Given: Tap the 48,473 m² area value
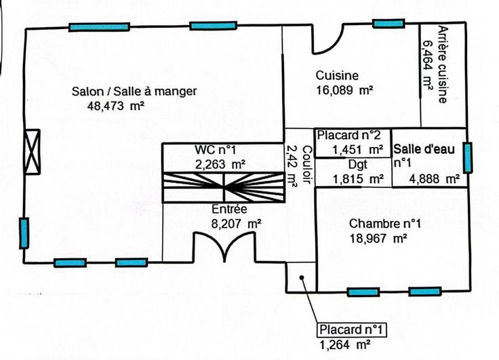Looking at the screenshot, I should [x=116, y=105].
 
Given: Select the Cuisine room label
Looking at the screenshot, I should [x=337, y=75].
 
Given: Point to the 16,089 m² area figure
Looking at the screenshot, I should [x=346, y=89].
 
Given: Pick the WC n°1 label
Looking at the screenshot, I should [x=215, y=150].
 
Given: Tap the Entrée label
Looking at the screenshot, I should [x=224, y=209].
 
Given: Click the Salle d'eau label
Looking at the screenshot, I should [x=424, y=148].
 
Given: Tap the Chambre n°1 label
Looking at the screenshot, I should [x=384, y=224].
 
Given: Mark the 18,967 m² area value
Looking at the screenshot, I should [x=378, y=238].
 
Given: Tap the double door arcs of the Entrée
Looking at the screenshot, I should [x=224, y=247].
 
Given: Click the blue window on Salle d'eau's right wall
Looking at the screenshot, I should [x=467, y=158].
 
